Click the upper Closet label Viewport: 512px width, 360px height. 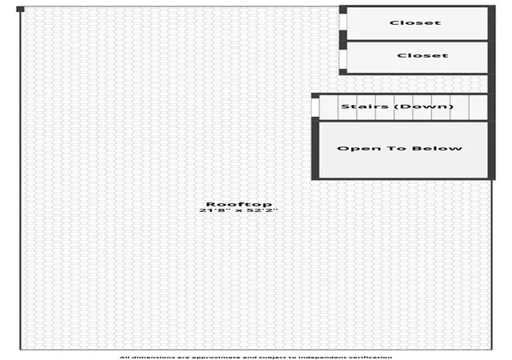coord(415,22)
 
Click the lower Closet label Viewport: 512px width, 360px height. coord(422,55)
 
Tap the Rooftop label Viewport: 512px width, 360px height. coord(238,204)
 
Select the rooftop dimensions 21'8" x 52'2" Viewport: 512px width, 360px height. coord(238,210)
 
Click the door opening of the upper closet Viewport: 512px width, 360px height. coord(343,22)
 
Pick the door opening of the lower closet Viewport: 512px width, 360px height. coord(343,59)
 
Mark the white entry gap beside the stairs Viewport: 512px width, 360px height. coord(315,107)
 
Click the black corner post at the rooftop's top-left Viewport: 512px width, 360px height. coord(20,9)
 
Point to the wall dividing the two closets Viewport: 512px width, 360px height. coord(417,41)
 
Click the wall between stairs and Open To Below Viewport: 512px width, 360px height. coord(403,121)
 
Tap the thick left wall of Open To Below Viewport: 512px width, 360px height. coord(315,148)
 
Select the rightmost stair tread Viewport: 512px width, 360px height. coord(478,107)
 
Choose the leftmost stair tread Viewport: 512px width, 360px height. coord(329,107)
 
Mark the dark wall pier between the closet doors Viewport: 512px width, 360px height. coord(343,40)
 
